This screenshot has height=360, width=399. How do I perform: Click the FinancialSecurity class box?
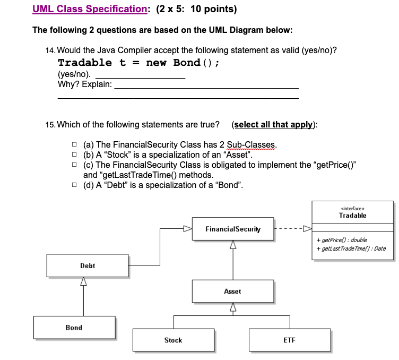233,229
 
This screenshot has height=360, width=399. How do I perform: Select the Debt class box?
88,265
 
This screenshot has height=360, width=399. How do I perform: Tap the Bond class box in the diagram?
74,328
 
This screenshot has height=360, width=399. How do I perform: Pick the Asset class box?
232,292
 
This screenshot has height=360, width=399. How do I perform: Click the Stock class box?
174,340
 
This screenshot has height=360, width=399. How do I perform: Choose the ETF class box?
289,340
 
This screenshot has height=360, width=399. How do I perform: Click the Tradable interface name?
352,216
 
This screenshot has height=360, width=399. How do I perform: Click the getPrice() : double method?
341,240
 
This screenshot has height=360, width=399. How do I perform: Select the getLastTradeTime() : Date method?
351,248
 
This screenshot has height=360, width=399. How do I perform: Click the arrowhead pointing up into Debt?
83,282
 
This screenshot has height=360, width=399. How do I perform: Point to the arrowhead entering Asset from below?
232,307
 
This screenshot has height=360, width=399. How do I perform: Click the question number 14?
50,50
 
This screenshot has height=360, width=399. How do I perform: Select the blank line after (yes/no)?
140,78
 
